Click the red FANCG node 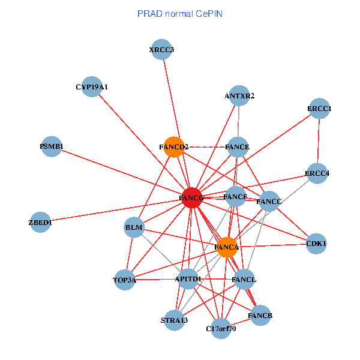pos(191,198)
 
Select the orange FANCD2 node pos(173,147)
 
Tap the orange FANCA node pos(227,247)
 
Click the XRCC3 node pos(161,50)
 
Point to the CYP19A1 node pos(91,87)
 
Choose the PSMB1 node pos(52,147)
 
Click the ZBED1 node pos(41,223)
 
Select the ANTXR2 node pos(239,96)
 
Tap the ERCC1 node pos(319,109)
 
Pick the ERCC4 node pos(317,173)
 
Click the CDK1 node pos(316,244)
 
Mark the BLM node pos(134,227)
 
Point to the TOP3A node pos(125,280)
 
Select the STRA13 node pos(174,320)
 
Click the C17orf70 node pos(221,329)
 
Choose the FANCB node pos(260,315)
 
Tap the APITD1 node pos(188,279)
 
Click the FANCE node pos(238,147)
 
